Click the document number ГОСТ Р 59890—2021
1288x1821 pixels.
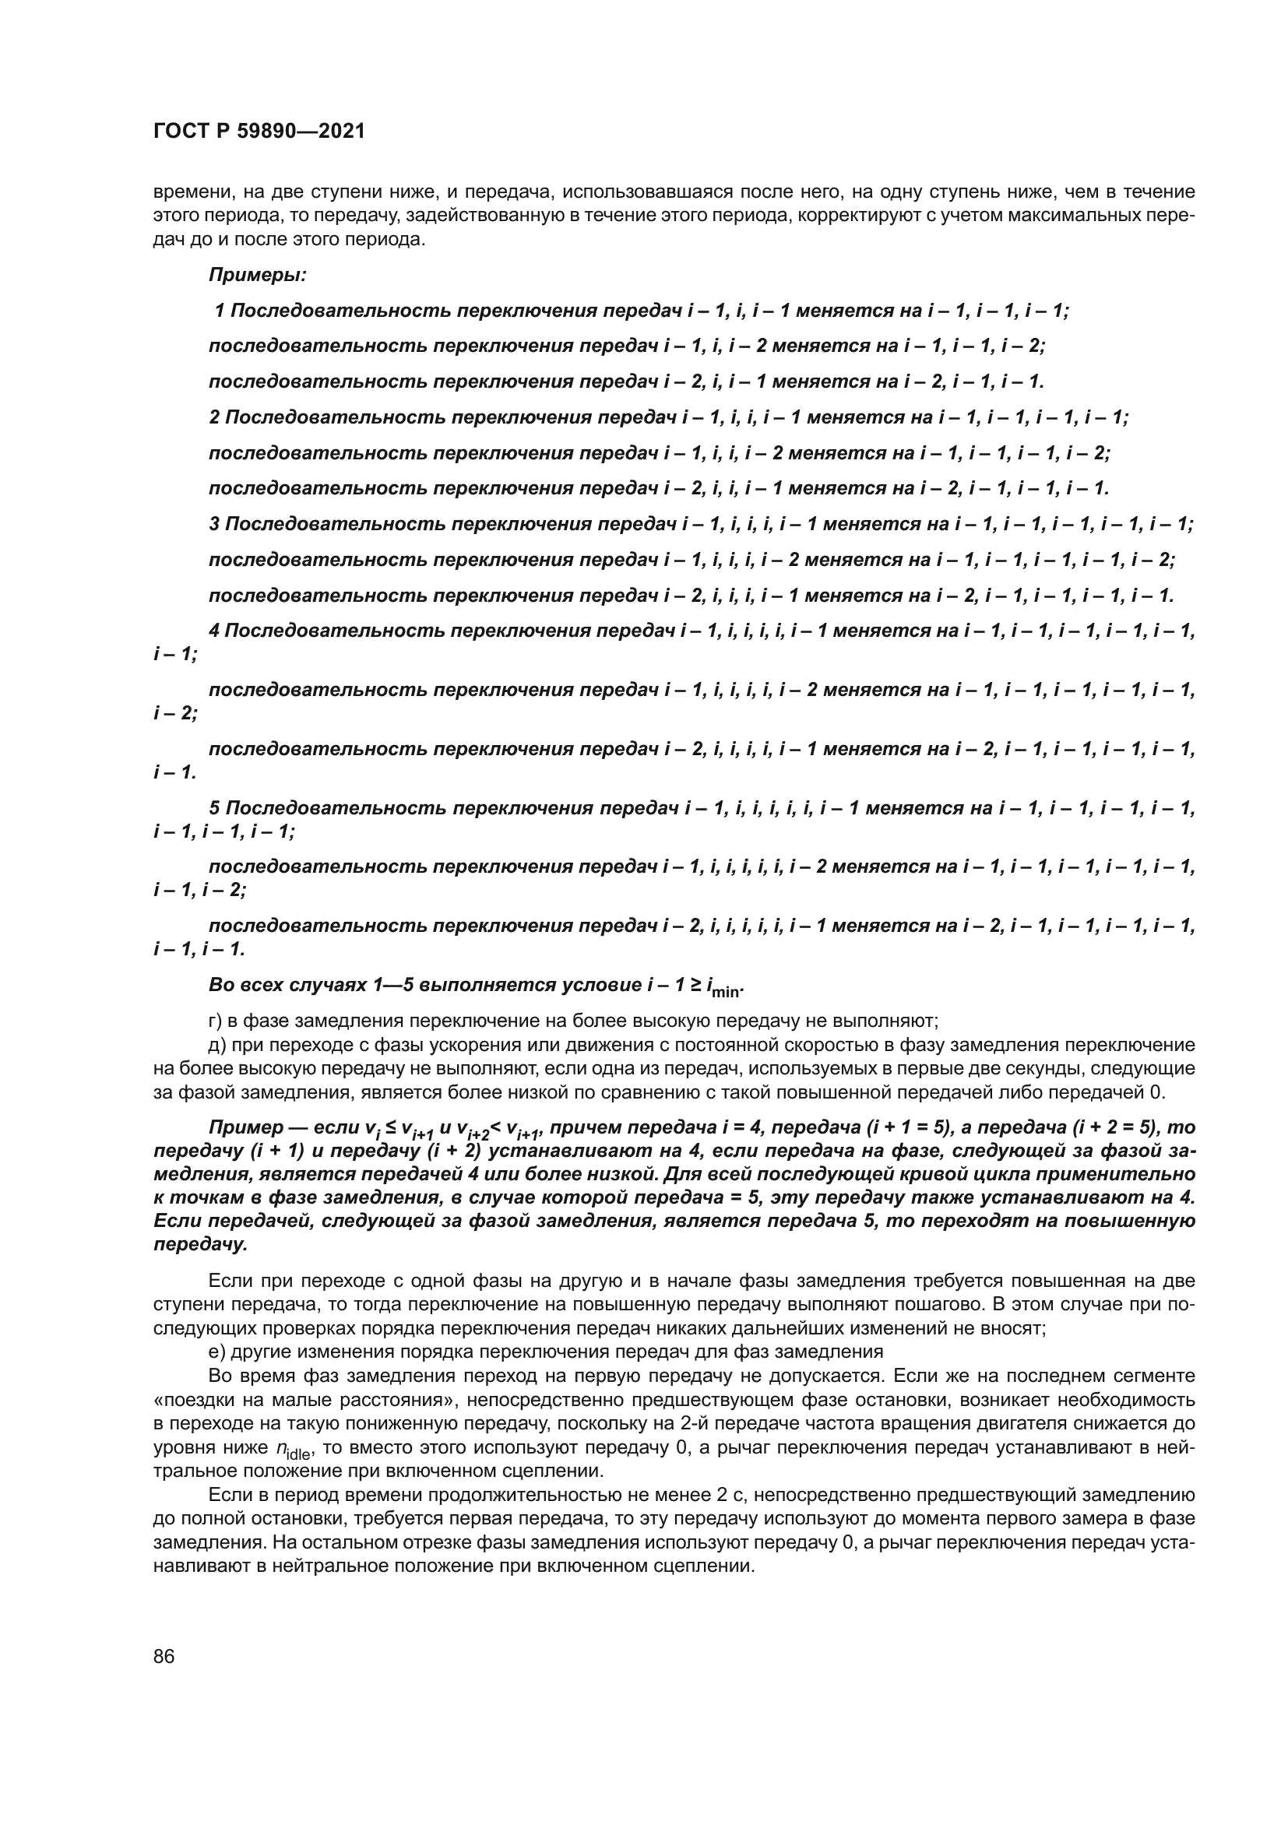click(259, 132)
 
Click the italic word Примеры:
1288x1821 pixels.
click(258, 275)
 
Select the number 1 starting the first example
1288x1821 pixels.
click(220, 311)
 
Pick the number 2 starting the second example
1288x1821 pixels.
click(214, 417)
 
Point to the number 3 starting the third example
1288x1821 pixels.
click(214, 524)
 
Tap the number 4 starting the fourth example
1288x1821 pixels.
click(214, 631)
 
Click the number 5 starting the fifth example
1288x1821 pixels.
click(214, 808)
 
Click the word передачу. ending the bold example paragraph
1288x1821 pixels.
click(200, 1245)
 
